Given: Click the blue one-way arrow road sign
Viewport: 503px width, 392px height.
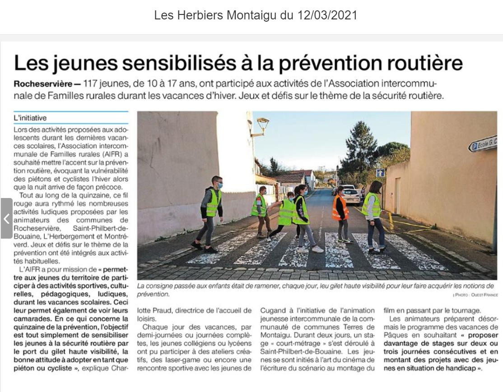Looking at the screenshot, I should [x=380, y=173].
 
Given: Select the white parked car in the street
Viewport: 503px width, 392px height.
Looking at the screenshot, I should [x=351, y=195].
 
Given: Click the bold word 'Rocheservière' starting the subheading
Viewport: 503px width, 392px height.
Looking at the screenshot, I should [x=40, y=84].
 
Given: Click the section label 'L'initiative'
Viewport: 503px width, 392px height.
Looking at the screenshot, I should [x=30, y=118].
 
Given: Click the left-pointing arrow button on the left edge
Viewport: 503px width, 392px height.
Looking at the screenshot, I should [x=6, y=219].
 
